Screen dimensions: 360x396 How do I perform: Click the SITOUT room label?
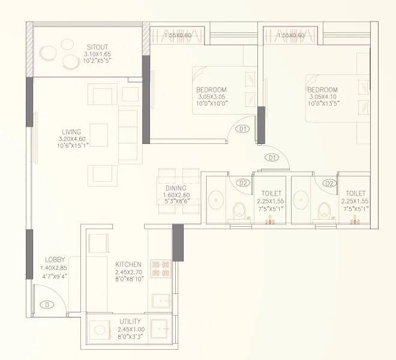coord(97,46)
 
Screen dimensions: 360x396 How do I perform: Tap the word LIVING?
coord(71,131)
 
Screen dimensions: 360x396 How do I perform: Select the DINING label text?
coord(176,188)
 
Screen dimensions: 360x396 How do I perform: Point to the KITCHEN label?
coord(128,264)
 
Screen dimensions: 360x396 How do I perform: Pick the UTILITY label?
coord(130,322)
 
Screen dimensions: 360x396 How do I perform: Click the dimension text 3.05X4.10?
coord(323,97)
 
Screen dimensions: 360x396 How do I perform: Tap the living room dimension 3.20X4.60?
coord(71,139)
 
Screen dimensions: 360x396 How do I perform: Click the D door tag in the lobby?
coord(46,305)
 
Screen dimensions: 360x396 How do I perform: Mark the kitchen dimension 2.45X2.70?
coord(128,271)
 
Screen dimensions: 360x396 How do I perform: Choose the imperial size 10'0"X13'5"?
coord(323,103)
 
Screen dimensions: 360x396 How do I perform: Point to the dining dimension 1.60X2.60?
coord(176,194)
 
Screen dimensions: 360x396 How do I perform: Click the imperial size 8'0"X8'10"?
coord(128,278)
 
